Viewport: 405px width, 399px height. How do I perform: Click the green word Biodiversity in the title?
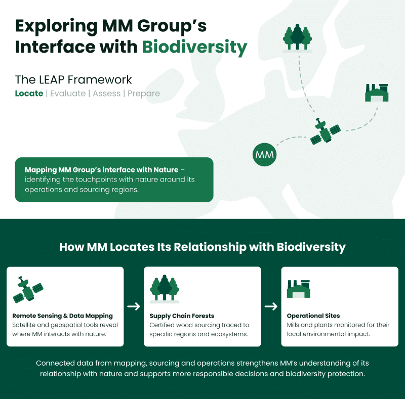(x=194, y=47)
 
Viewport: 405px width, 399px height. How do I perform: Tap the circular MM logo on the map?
(x=265, y=155)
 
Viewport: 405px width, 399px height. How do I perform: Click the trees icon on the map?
(x=297, y=37)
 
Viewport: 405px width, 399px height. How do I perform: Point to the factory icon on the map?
(x=377, y=93)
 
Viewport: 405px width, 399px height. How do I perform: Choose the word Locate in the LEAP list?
(x=29, y=94)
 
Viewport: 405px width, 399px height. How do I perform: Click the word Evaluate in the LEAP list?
(x=67, y=94)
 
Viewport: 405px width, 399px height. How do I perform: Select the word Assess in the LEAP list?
(x=106, y=94)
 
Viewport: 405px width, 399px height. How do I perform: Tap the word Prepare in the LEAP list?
(x=144, y=94)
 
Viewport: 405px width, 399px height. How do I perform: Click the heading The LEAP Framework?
(x=73, y=79)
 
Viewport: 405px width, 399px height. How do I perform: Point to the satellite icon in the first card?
(x=27, y=291)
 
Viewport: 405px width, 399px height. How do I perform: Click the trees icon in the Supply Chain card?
(x=165, y=289)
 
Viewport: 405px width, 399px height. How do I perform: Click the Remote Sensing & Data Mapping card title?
(x=63, y=316)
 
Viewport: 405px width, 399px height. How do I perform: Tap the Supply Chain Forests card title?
(x=182, y=316)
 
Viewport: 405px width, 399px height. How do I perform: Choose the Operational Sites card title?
(x=313, y=316)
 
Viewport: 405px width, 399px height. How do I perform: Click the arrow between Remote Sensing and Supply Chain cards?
(x=134, y=306)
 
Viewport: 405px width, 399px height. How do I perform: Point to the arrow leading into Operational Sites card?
(x=271, y=306)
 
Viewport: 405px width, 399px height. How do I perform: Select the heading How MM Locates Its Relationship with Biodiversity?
(x=202, y=247)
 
